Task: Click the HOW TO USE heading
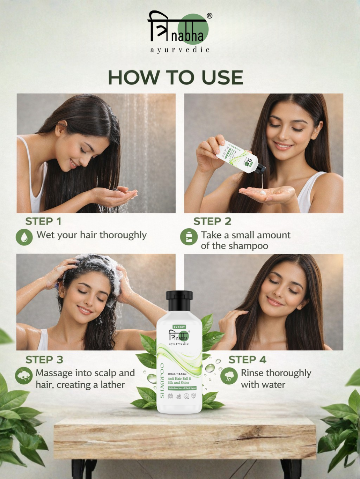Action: pyautogui.click(x=175, y=77)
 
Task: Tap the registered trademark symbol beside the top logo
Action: pyautogui.click(x=210, y=16)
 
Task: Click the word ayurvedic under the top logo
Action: pyautogui.click(x=180, y=50)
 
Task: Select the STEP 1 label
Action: pyautogui.click(x=43, y=221)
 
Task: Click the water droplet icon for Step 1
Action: pyautogui.click(x=24, y=237)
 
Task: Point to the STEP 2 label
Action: pyautogui.click(x=212, y=221)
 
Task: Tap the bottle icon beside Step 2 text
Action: pyautogui.click(x=189, y=237)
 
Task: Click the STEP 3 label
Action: pyautogui.click(x=44, y=360)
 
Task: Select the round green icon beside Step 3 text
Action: pyautogui.click(x=24, y=376)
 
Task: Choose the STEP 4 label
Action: pyautogui.click(x=247, y=360)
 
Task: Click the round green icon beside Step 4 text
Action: pyautogui.click(x=229, y=376)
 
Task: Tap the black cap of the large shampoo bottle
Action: pyautogui.click(x=179, y=300)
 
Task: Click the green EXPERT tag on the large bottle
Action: pyautogui.click(x=179, y=327)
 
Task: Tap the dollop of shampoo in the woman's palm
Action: pyautogui.click(x=262, y=191)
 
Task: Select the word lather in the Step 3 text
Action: pyautogui.click(x=112, y=385)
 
